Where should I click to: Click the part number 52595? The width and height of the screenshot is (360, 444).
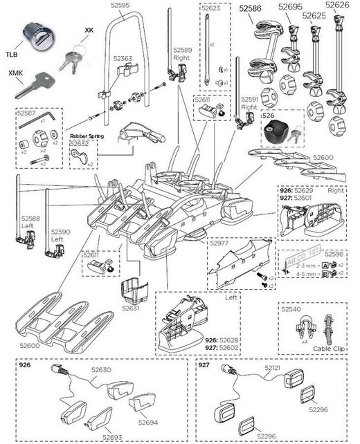pos(120,6)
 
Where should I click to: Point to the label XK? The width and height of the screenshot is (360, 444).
pos(89,30)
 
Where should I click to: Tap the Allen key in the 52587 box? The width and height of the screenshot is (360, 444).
pos(32,122)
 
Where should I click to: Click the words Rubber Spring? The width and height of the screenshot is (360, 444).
pos(86,136)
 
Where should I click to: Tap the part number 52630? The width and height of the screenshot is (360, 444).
pos(100,371)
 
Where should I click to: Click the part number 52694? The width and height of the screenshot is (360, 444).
pos(148,421)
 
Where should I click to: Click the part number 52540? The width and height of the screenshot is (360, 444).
pos(291,311)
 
